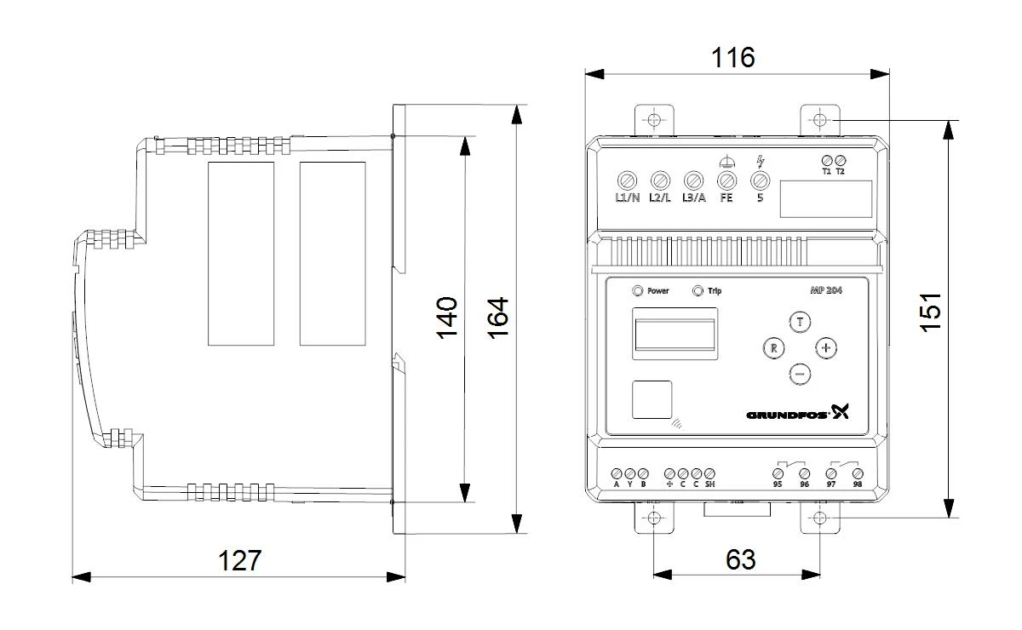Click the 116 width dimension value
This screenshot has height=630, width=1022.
[732, 58]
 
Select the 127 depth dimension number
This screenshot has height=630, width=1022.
[239, 561]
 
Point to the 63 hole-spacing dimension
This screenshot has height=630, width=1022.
[740, 559]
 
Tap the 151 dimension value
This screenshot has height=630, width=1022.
[930, 312]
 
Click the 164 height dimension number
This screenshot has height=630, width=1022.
[497, 318]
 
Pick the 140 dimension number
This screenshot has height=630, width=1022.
[446, 318]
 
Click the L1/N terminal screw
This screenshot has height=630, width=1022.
[627, 180]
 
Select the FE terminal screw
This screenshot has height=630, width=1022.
[726, 180]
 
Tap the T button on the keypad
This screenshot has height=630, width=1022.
[800, 322]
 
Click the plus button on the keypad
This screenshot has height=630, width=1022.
[826, 348]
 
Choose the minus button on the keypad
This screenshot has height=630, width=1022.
[800, 374]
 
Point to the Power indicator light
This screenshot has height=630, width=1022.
[637, 290]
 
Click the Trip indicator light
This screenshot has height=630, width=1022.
[698, 290]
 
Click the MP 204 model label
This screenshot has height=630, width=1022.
[826, 290]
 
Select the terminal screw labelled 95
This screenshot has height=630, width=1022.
[778, 473]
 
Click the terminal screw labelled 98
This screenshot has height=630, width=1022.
[858, 473]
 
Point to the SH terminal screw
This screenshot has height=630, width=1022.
[709, 473]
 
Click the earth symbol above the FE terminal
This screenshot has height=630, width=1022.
[727, 162]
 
